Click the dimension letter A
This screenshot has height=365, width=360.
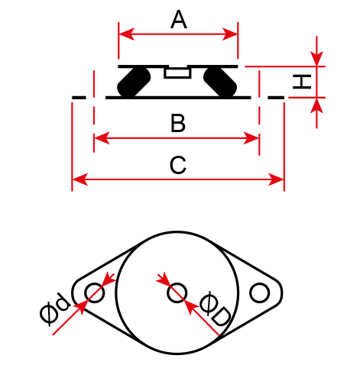pos(179,20)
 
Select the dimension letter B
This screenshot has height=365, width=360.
pos(178,124)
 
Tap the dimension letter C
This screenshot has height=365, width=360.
pos(178,165)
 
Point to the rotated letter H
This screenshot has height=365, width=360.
pos(302,82)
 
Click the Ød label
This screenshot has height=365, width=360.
pos(54,309)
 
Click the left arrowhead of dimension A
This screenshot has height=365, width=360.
pos(127,34)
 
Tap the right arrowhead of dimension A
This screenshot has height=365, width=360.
pos(230,34)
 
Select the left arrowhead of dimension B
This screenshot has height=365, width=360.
pos(102,138)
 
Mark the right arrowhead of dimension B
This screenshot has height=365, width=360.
pos(251,138)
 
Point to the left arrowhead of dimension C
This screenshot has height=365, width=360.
pos(80,179)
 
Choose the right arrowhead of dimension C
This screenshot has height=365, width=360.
pos(276,179)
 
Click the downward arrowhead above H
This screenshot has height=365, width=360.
pos(316,59)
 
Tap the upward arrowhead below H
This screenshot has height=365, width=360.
pos(316,105)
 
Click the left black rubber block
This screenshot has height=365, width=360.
pos(134,82)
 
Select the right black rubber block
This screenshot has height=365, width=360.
pos(220,82)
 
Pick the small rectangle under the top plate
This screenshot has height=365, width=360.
pos(177,73)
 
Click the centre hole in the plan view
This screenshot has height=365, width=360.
pos(177,292)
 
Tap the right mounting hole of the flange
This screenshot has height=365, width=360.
pos(259,292)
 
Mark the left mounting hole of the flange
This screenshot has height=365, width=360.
pos(95,292)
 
